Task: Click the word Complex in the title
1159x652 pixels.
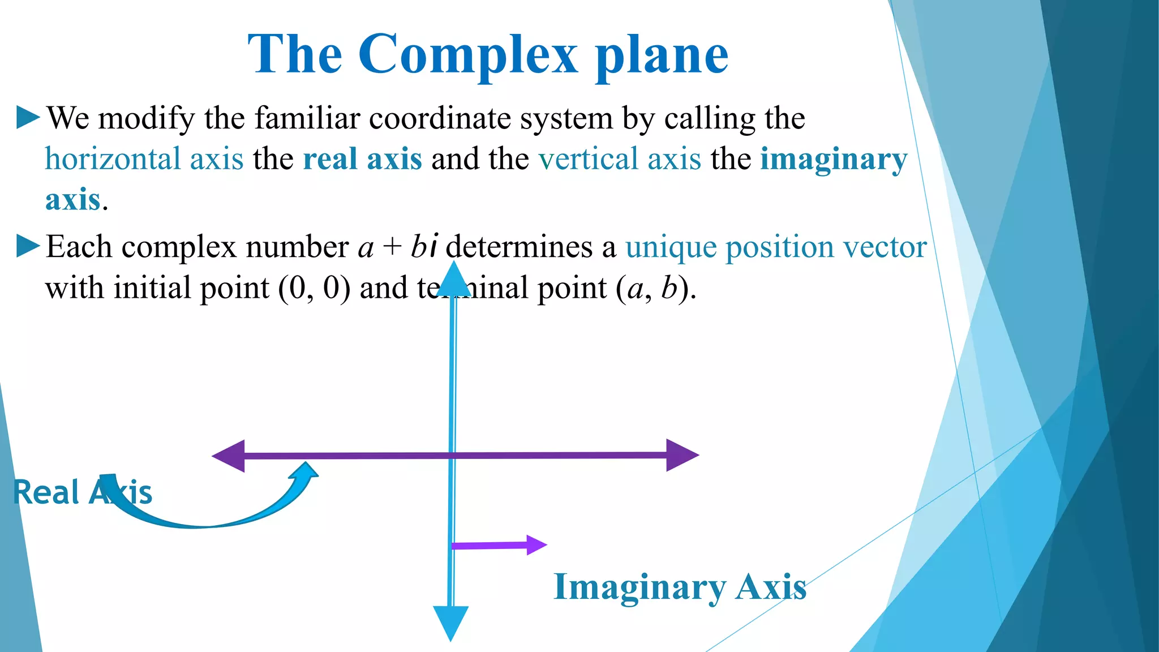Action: (x=468, y=54)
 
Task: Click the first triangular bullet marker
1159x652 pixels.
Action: (x=28, y=117)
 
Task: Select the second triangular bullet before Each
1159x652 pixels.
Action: (x=28, y=246)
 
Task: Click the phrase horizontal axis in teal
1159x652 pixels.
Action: (x=144, y=158)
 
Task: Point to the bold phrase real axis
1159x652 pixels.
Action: (x=362, y=158)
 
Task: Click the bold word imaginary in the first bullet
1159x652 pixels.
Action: (x=833, y=160)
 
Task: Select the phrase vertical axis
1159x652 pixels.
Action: (x=620, y=158)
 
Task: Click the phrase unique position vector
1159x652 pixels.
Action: (x=776, y=247)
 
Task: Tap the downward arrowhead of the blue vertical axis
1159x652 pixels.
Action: (x=450, y=621)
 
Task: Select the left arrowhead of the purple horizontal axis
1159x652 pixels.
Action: (x=229, y=456)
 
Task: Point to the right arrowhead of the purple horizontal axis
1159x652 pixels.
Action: (x=682, y=455)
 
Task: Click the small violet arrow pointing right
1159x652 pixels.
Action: (x=498, y=546)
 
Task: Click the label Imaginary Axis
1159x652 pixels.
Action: (x=680, y=587)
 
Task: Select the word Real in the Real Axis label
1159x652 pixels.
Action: (x=46, y=492)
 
